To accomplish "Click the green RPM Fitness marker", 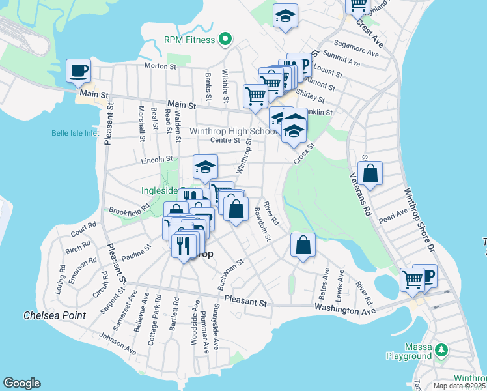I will pos(225,40).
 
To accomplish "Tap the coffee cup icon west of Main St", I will pos(78,70).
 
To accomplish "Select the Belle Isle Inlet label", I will pos(75,134).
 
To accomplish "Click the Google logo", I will pos(21,383).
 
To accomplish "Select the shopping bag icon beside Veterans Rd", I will pos(370,173).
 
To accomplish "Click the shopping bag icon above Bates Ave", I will pos(303,246).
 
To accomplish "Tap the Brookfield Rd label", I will pos(130,209).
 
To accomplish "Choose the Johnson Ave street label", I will pos(118,344).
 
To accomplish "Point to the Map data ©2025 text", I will pos(459,386).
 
